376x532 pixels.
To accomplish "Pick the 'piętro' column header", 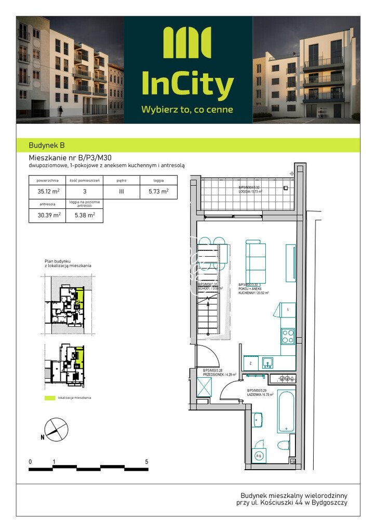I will (122, 181).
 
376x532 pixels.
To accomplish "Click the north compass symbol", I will (56, 430).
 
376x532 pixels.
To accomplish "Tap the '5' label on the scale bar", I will (147, 461).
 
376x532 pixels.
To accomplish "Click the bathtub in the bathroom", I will (286, 411).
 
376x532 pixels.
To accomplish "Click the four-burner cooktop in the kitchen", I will (288, 336).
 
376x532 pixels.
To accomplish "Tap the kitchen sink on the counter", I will (268, 362).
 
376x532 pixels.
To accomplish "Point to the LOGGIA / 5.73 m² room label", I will (250, 189).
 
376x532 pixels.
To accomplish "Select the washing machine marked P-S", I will (258, 457).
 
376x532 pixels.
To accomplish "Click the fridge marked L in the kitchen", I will (288, 311).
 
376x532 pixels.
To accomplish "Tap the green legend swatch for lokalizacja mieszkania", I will (50, 398).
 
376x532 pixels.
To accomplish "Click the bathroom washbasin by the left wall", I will (257, 420).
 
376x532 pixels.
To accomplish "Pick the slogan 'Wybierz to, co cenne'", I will (187, 110).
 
